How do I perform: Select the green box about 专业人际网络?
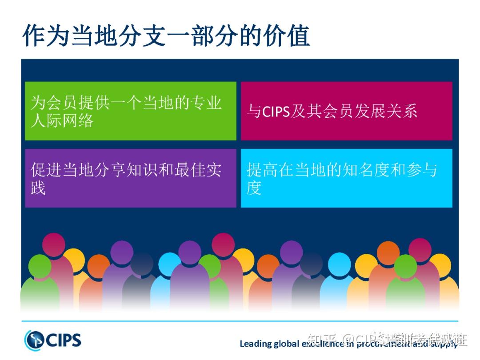point(130,111)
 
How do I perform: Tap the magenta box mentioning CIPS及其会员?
point(346,111)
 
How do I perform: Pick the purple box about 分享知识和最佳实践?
point(130,178)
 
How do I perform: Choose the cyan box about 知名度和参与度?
point(346,178)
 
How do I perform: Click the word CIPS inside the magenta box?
point(276,111)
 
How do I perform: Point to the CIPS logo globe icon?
point(35,340)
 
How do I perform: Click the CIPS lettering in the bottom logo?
point(64,340)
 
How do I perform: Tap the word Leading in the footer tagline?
point(255,344)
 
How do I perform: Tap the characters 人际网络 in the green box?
point(62,120)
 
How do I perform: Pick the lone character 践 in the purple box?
point(38,188)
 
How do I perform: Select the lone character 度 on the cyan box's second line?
point(254,188)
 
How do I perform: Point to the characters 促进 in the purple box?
point(46,170)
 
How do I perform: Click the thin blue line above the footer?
point(240,320)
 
